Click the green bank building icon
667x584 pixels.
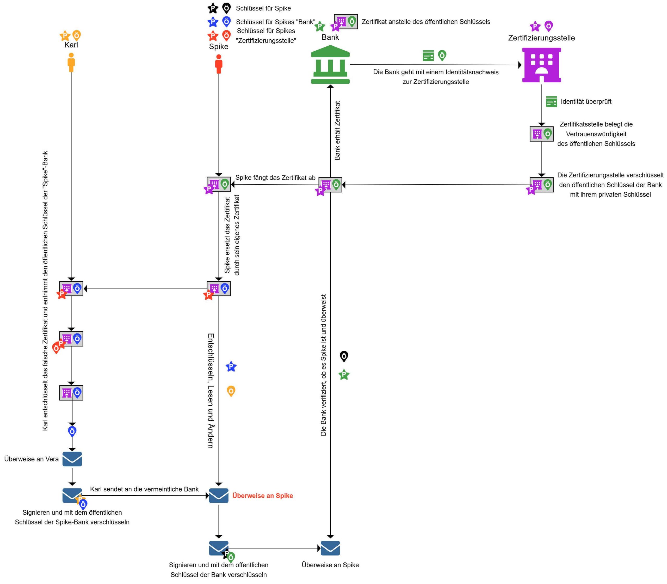click(x=330, y=65)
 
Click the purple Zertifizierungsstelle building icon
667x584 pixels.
click(x=541, y=65)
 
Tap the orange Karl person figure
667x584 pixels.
click(x=71, y=62)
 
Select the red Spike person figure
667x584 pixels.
click(x=219, y=64)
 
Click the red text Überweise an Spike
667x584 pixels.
click(x=263, y=496)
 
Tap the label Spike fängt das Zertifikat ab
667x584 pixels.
click(x=275, y=178)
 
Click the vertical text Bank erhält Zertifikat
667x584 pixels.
click(x=337, y=130)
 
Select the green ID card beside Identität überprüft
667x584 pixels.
click(x=551, y=101)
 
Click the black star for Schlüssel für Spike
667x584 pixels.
click(x=213, y=8)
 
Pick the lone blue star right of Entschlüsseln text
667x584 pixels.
click(x=231, y=367)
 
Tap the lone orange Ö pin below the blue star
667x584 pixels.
click(x=231, y=391)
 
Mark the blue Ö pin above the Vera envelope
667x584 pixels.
click(x=72, y=431)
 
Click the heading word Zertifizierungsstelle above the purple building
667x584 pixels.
click(x=541, y=38)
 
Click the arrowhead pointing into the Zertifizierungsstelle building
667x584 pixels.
click(x=520, y=65)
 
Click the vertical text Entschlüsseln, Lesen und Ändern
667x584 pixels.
click(x=211, y=391)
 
